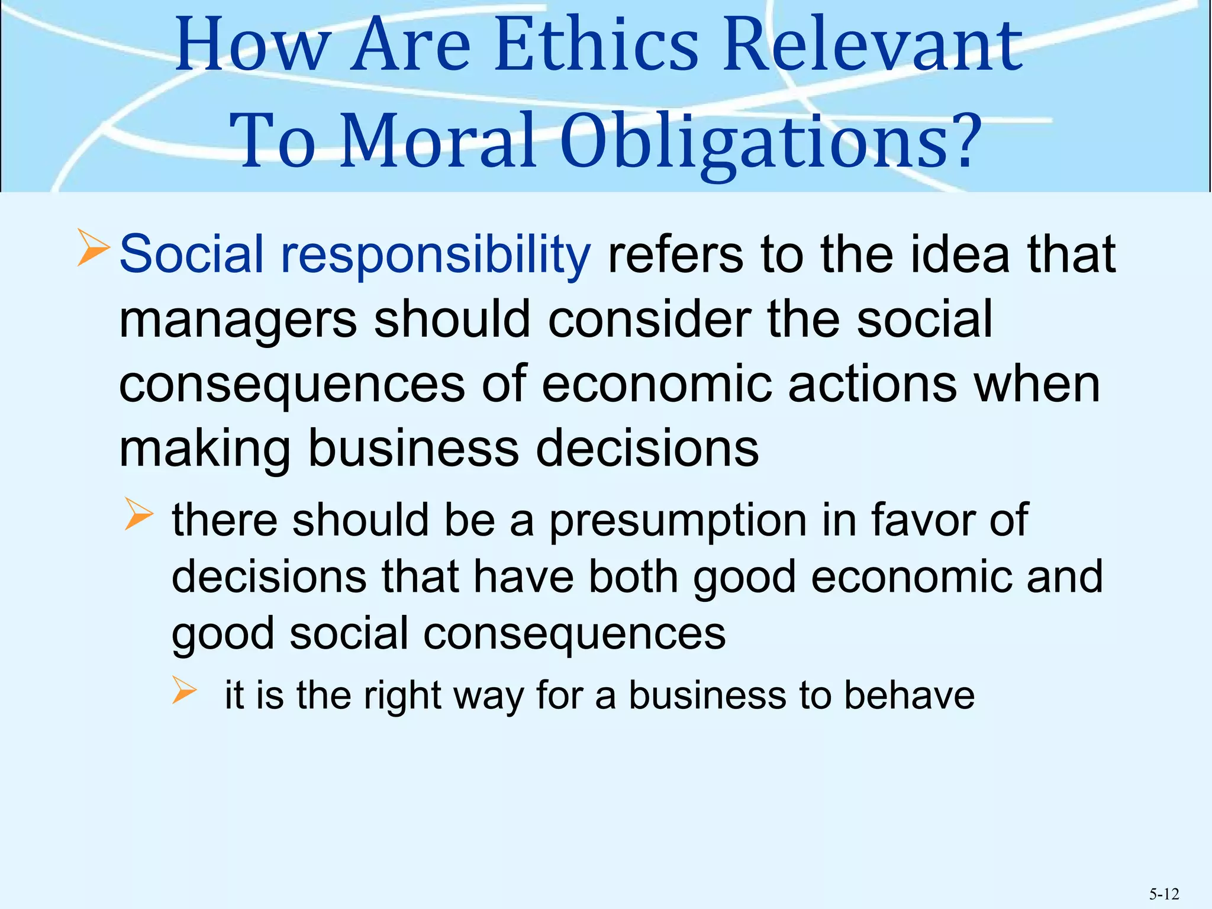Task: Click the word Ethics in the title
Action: pyautogui.click(x=597, y=46)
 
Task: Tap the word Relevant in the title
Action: pyautogui.click(x=873, y=46)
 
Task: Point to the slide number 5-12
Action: pyautogui.click(x=1164, y=894)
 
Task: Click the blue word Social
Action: pyautogui.click(x=191, y=254)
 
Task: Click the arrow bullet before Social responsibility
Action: pyautogui.click(x=94, y=249)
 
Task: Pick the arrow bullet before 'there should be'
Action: pyautogui.click(x=140, y=513)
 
